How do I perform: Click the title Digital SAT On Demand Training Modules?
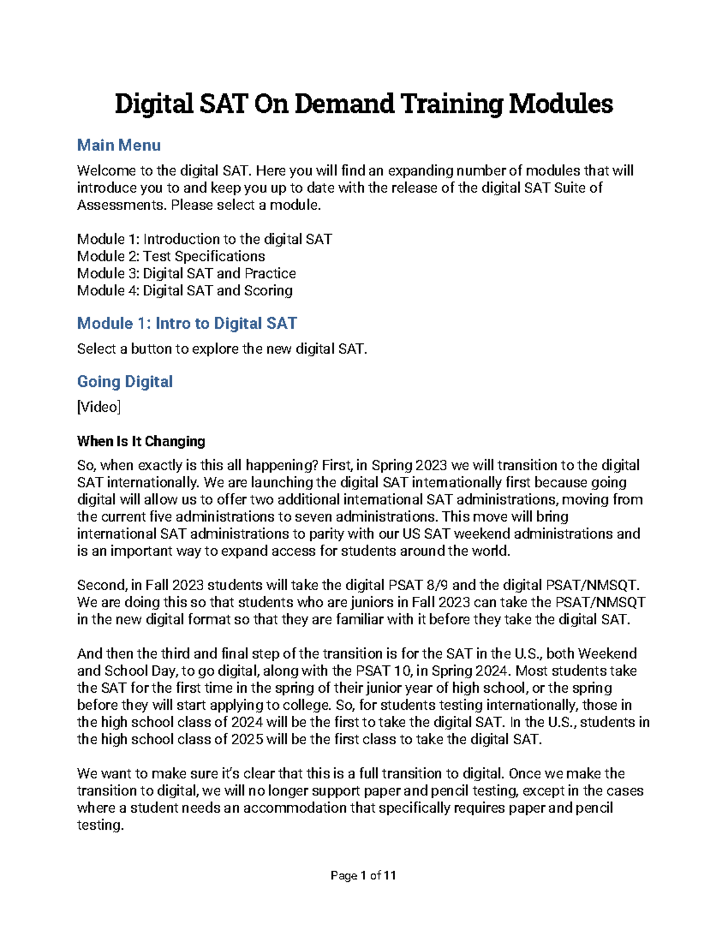pos(363,104)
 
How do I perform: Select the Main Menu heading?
pos(119,145)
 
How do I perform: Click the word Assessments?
pos(121,205)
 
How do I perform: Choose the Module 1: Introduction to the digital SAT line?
pos(204,239)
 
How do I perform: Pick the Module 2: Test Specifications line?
pos(171,256)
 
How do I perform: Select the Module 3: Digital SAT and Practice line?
pos(186,273)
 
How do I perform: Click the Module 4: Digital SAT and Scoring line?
pos(185,291)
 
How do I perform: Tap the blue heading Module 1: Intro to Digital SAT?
pos(187,323)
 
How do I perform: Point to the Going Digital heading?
pos(125,382)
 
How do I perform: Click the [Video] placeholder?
pos(99,407)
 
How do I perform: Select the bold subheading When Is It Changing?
pos(141,441)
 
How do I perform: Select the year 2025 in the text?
pos(247,739)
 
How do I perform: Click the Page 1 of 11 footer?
pos(363,875)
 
